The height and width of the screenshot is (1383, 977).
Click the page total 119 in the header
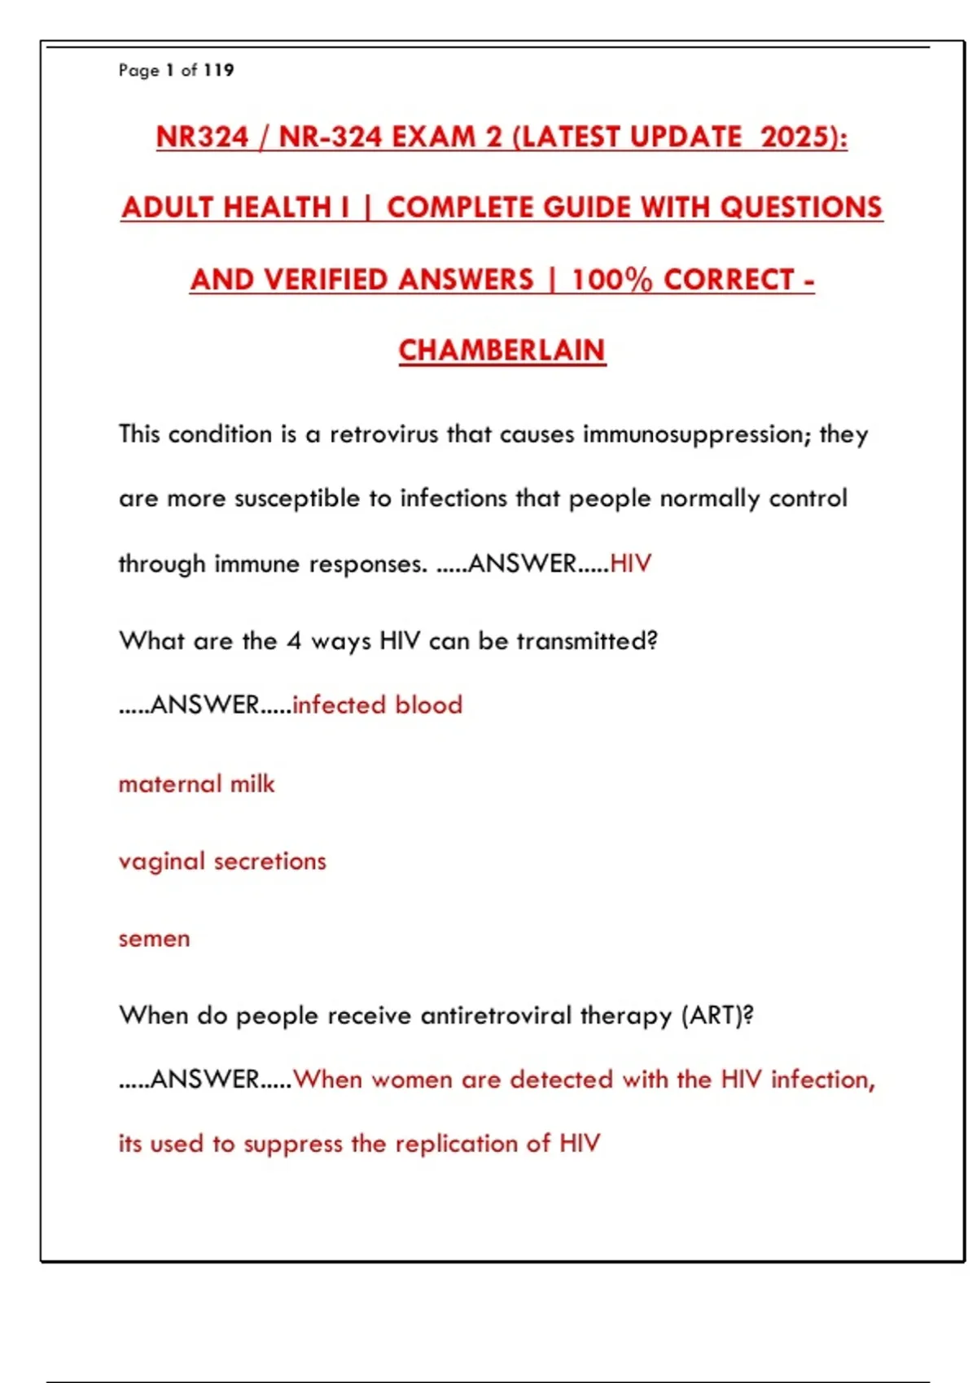click(218, 70)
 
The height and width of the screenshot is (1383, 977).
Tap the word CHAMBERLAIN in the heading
click(502, 351)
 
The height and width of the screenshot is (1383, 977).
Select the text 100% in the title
click(611, 280)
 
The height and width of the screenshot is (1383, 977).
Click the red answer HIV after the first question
click(630, 563)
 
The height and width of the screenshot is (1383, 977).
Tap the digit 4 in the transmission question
click(293, 641)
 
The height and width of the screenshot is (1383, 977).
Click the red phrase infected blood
click(377, 705)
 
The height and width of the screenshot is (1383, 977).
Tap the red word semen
click(154, 939)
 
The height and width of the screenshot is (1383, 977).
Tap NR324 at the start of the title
click(202, 137)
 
